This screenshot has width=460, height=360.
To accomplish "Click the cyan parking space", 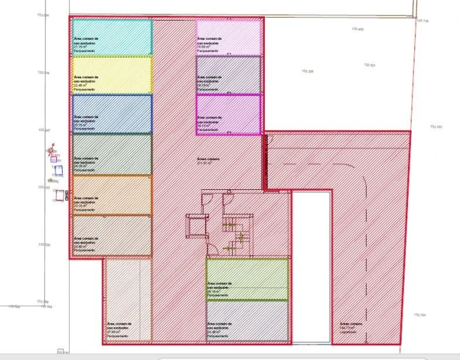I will point(112,37).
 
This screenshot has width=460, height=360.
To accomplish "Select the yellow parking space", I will point(112,75).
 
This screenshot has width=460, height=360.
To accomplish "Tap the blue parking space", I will point(112,114).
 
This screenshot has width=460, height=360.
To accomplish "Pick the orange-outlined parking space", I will point(112,195).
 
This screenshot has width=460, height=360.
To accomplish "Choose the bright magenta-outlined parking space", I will point(229,114).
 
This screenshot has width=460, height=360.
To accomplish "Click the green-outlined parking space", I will point(247,279).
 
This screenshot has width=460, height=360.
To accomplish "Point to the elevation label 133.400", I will point(357,29).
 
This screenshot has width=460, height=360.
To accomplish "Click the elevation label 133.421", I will point(370,65).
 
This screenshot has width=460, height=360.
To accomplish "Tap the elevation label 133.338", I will point(307,71).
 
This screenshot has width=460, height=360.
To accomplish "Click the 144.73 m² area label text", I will point(348,328).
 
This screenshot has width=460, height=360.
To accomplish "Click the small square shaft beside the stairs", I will point(195,226).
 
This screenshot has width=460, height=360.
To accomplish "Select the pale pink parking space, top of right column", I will point(229,37).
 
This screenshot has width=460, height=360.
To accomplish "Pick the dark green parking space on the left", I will point(112,154).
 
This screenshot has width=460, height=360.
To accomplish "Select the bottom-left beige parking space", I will point(127,301).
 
